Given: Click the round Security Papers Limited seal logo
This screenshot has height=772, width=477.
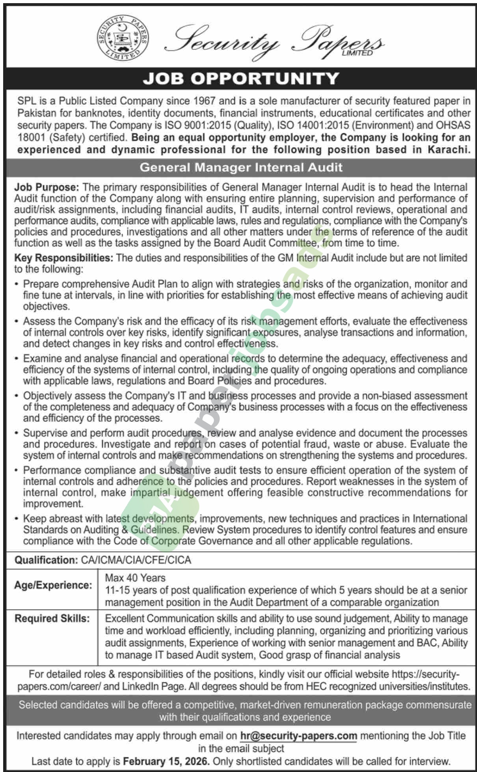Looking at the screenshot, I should (x=123, y=38).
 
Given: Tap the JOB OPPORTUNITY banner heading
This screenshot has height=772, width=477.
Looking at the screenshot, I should (x=240, y=78).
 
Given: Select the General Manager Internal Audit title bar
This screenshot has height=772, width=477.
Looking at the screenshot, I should (x=241, y=167).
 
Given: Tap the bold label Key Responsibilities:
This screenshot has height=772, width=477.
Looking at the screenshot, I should (x=64, y=258).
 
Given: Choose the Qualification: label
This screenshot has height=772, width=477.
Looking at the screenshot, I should (x=45, y=560).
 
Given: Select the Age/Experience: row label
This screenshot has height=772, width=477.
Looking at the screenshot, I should (x=53, y=585).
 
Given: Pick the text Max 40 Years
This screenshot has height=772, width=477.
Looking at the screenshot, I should (x=135, y=578).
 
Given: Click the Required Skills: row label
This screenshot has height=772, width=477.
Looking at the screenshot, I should (x=52, y=618).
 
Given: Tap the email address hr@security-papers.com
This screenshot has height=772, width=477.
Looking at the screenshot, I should (x=298, y=736).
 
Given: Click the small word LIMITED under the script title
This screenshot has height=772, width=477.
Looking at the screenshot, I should (x=357, y=53).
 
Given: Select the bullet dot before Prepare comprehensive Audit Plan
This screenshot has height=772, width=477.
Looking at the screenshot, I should (x=16, y=285).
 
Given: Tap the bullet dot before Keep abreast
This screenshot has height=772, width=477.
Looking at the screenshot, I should (x=16, y=519).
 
